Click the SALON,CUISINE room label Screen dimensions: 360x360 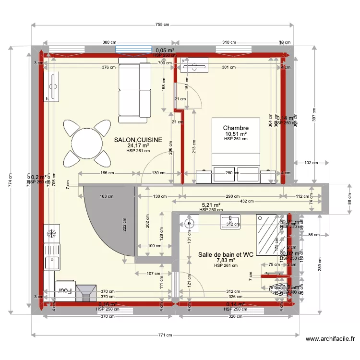point(138,140)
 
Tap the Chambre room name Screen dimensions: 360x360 point(236,128)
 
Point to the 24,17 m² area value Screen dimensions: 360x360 point(138,145)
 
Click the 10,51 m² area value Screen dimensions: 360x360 point(236,134)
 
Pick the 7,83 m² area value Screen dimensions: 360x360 point(226,260)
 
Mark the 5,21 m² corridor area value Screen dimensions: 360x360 point(211,204)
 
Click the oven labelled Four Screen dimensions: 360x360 point(65,290)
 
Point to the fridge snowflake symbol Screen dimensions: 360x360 point(50,234)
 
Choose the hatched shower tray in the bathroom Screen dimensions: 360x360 point(267,235)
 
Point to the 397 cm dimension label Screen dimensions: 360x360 point(314,117)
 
